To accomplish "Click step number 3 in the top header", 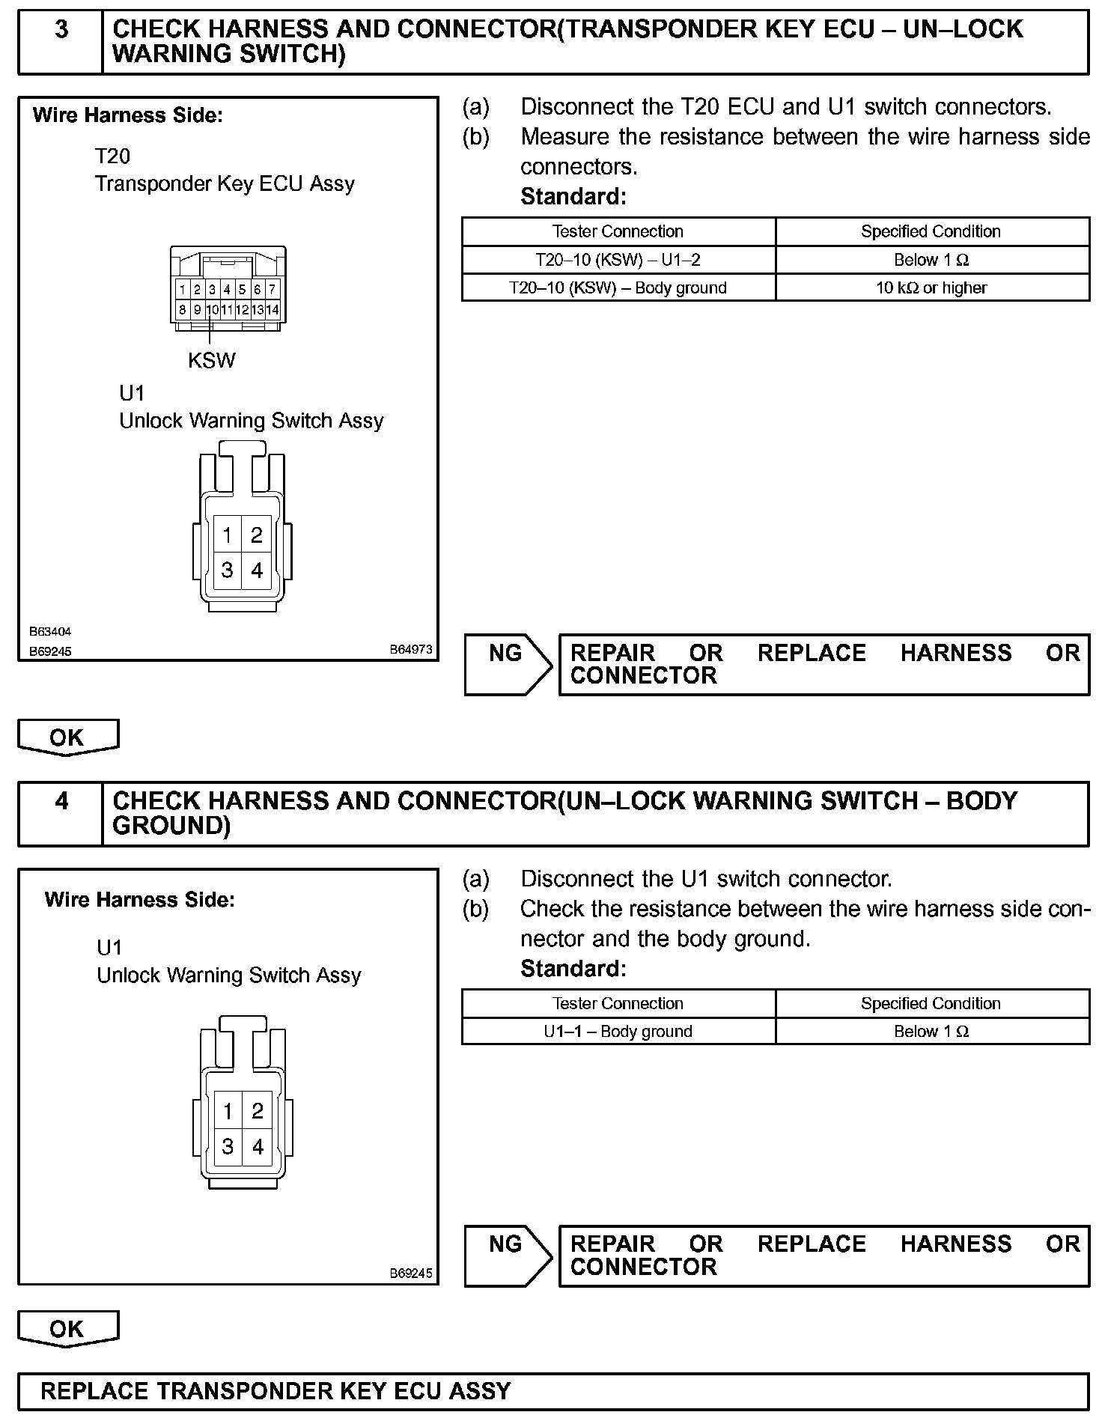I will tap(61, 30).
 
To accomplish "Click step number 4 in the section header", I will tap(61, 801).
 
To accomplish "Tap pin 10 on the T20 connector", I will tap(213, 309).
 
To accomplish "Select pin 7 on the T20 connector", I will tap(273, 289).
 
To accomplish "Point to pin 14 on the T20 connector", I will tap(273, 309).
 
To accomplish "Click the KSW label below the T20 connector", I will tap(212, 361).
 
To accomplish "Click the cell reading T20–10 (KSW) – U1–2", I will tap(618, 260).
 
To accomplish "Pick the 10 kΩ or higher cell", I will tap(931, 287).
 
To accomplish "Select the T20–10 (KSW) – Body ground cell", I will tap(618, 287).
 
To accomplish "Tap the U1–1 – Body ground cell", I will tap(618, 1031).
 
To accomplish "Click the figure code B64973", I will tap(411, 650).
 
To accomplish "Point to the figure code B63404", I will tap(51, 632).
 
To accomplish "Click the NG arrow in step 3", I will tap(508, 664).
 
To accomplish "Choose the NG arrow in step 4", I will tap(508, 1256).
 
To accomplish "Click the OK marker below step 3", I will tap(67, 737).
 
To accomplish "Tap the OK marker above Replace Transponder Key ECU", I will tap(67, 1329).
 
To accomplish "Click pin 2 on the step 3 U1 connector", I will tap(257, 535).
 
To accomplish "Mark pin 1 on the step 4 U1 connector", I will tap(228, 1112).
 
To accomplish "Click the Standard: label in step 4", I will tap(573, 969).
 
